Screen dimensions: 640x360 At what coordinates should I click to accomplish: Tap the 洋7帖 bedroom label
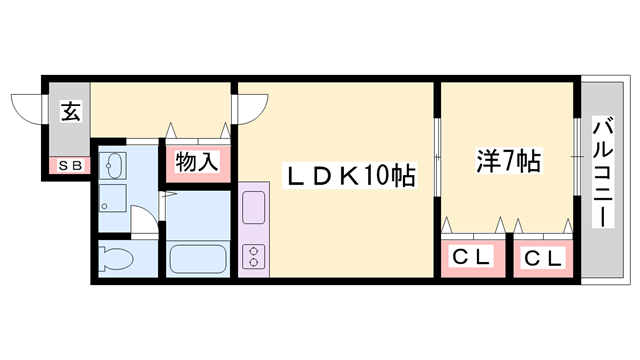coord(507,160)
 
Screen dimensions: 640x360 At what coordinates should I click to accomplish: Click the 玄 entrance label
coord(70,110)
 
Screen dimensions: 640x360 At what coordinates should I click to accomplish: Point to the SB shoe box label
coord(69,166)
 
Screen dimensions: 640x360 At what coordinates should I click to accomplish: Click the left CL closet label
coord(472,258)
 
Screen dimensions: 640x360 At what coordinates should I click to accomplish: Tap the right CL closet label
coord(543,258)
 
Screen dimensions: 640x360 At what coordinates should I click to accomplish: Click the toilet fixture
coord(118,259)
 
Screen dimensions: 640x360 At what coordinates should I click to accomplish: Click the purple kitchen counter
coord(253,229)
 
